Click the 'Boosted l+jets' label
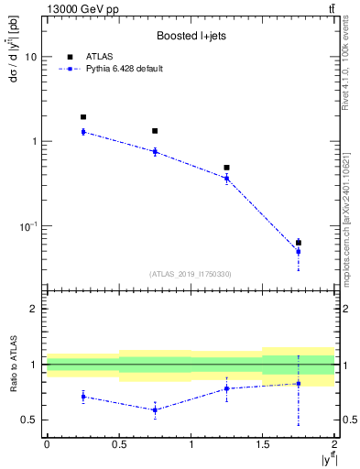(x=191, y=36)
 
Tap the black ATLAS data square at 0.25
(x=83, y=117)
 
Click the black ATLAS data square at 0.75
(x=155, y=131)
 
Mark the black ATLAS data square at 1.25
(x=227, y=168)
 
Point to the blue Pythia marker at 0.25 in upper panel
(x=83, y=132)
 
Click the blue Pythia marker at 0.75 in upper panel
(x=155, y=151)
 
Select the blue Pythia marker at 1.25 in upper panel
(x=227, y=178)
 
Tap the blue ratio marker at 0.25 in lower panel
(x=83, y=397)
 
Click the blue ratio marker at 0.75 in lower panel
(x=155, y=409)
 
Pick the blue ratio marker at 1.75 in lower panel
(x=299, y=384)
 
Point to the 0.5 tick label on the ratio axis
(x=29, y=420)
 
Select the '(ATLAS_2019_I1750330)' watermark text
(x=191, y=274)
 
